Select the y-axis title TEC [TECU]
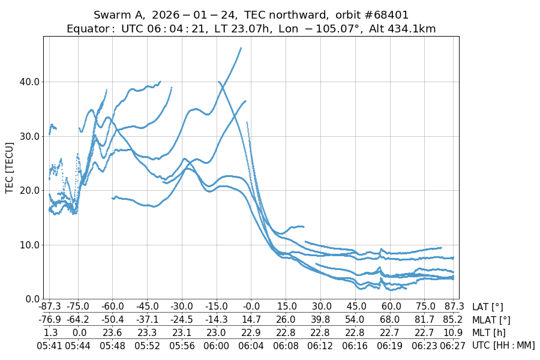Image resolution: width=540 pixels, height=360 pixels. click(x=9, y=167)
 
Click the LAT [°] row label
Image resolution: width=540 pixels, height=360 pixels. click(x=488, y=307)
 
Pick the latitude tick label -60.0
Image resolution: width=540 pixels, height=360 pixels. click(x=112, y=307)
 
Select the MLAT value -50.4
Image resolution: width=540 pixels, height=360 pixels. click(x=112, y=320)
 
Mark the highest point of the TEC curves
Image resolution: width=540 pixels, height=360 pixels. click(x=241, y=48)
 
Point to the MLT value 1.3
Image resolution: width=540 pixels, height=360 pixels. click(x=50, y=332)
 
